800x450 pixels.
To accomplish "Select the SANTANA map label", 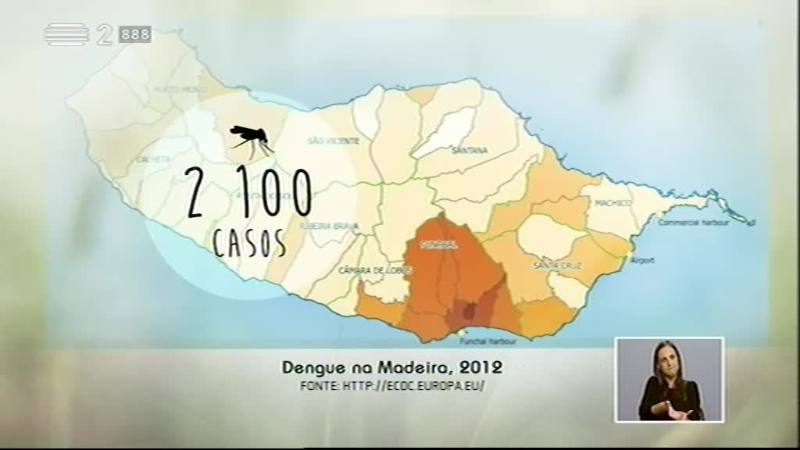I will tap(470, 150).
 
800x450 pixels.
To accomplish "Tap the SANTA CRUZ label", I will tap(552, 266).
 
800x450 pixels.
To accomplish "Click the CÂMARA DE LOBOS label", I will tap(364, 270).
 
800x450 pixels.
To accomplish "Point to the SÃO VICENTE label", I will tap(334, 141).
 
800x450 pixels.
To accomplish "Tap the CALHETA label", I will tap(154, 159).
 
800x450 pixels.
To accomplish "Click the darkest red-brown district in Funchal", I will tap(470, 312).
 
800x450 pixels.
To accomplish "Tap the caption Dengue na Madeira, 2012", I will tap(391, 366).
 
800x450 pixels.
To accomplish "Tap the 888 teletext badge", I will tap(135, 35).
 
